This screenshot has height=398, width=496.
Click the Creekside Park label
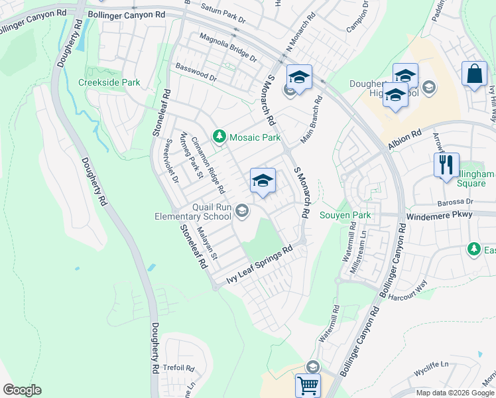click(x=109, y=82)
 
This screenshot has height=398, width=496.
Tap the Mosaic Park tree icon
click(x=219, y=137)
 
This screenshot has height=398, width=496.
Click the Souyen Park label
click(x=345, y=215)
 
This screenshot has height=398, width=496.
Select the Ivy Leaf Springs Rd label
click(x=259, y=267)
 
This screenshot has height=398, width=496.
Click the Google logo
click(x=23, y=390)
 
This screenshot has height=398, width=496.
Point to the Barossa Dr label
click(x=454, y=201)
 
